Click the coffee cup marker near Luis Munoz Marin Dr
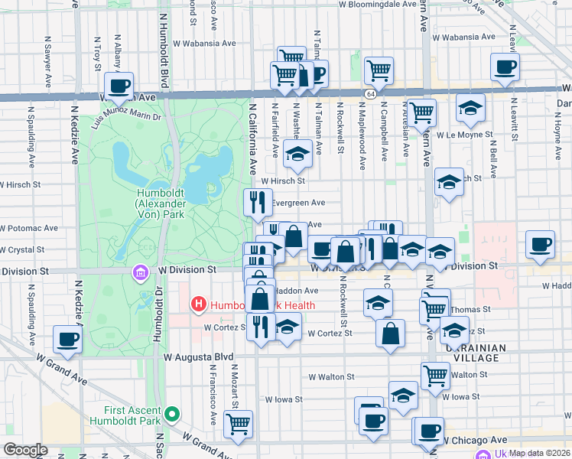pos(118,86)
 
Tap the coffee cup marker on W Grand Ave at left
pos(67,339)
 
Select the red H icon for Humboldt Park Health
pos(199,304)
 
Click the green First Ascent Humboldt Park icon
pos(173,415)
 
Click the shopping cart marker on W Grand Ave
pos(239,423)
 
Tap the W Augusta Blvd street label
pos(197,356)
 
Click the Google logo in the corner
pos(25,450)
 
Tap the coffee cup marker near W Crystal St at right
pos(541,244)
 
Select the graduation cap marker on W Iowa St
pos(403,395)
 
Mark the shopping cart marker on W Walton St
pos(435,375)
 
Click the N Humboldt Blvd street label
pos(163,46)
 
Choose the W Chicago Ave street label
pos(475,441)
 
